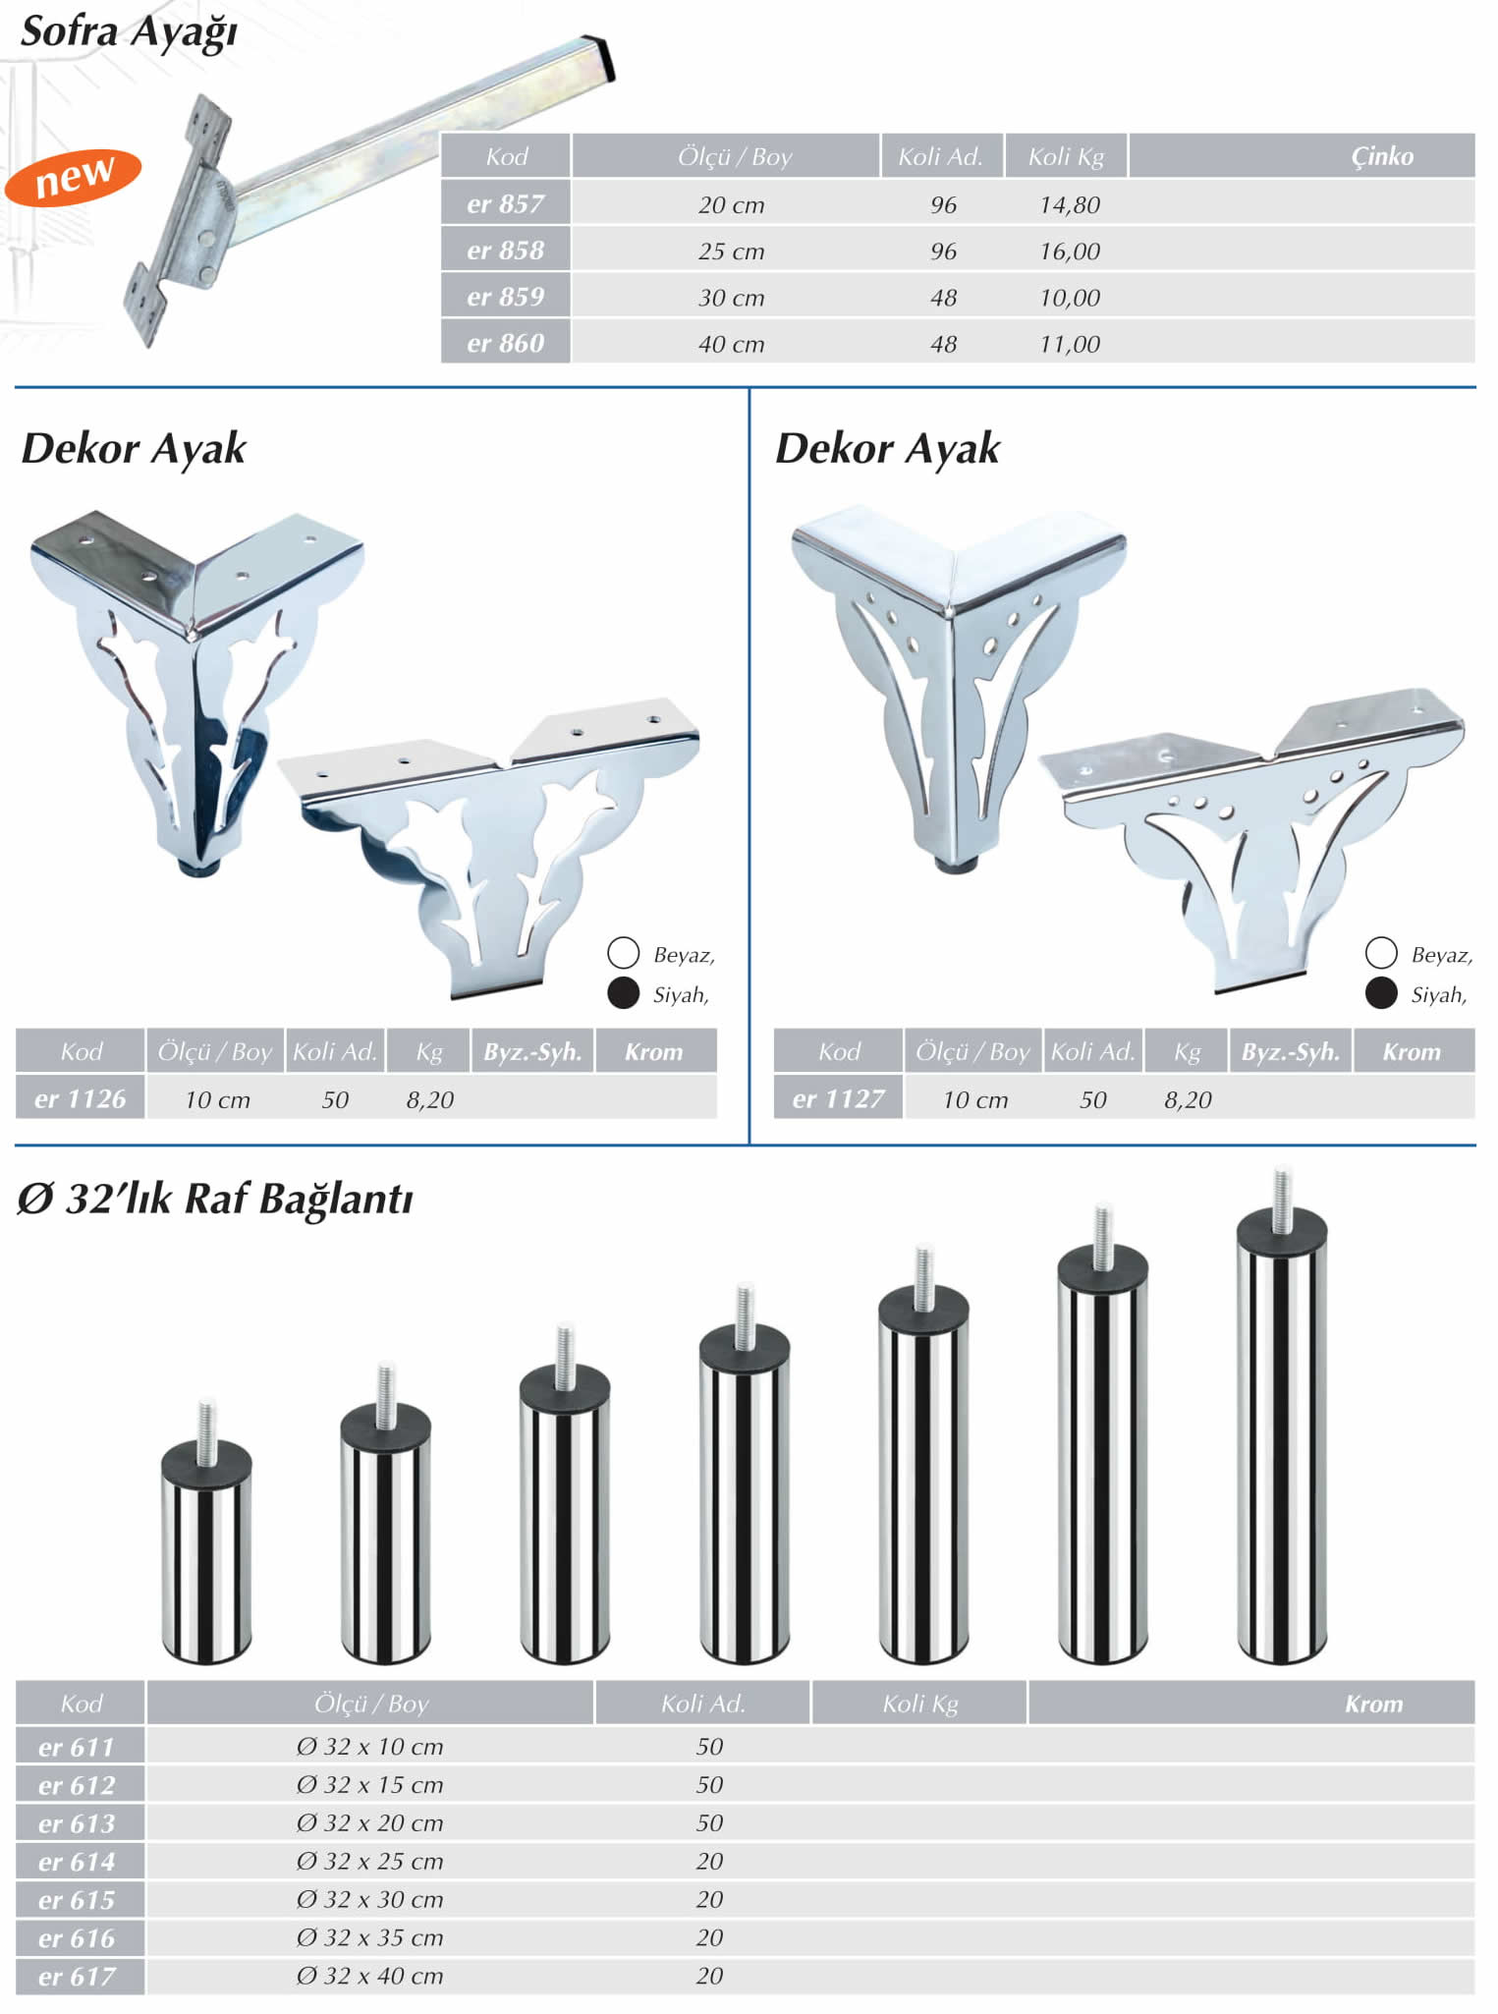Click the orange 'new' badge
tap(73, 178)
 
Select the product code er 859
tap(505, 297)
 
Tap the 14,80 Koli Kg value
tap(1070, 204)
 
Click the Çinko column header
tap(1382, 156)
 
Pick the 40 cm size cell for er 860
tap(731, 344)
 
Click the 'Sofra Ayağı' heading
tap(129, 32)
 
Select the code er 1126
tap(80, 1099)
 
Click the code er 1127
tap(838, 1099)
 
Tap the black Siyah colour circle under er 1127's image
tap(1381, 993)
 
